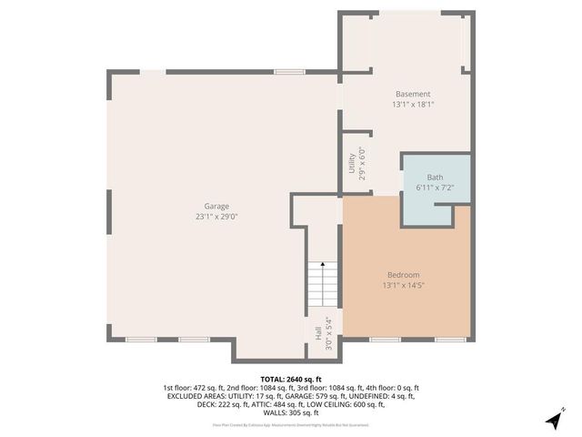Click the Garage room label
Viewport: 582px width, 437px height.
pos(216,207)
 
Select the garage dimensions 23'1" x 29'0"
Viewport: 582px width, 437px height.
pos(216,217)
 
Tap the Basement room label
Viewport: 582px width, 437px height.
pos(412,94)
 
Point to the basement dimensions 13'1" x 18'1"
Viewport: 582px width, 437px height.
pos(412,104)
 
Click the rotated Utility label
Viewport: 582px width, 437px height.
pos(352,164)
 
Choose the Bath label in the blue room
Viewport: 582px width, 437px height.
pos(436,177)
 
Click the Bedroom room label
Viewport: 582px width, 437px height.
pos(404,275)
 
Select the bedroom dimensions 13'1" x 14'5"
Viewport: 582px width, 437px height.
pos(404,285)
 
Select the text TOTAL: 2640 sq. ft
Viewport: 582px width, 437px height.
pos(291,379)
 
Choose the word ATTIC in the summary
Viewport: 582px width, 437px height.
pos(271,404)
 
